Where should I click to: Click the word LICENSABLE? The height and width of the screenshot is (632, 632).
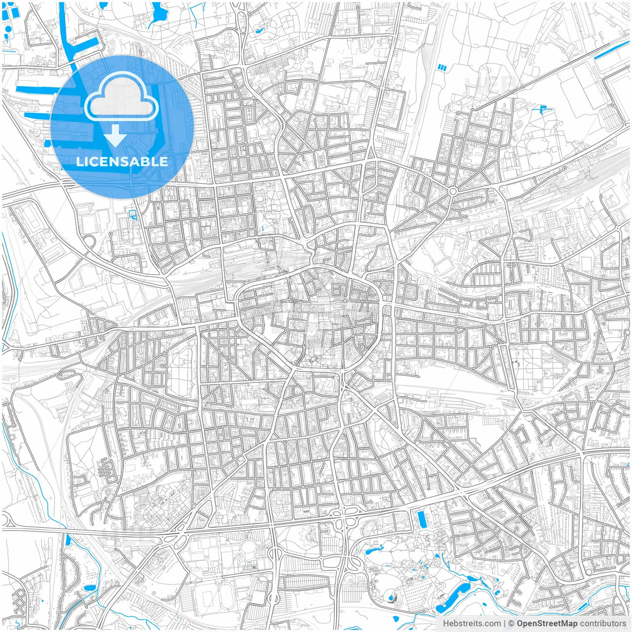point(121,161)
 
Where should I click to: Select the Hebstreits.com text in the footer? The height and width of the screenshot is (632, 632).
point(472,624)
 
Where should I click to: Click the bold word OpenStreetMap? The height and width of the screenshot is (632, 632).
point(547,624)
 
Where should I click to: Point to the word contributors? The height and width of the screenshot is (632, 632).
point(603,624)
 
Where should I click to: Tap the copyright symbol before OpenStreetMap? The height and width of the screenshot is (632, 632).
point(512,624)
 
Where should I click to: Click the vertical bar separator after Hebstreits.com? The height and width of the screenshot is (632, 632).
point(505,624)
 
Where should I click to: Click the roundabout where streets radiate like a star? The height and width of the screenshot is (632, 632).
point(452,191)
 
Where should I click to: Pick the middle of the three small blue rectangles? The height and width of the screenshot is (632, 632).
point(442,67)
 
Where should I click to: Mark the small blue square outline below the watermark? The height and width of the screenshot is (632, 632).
point(132,214)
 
